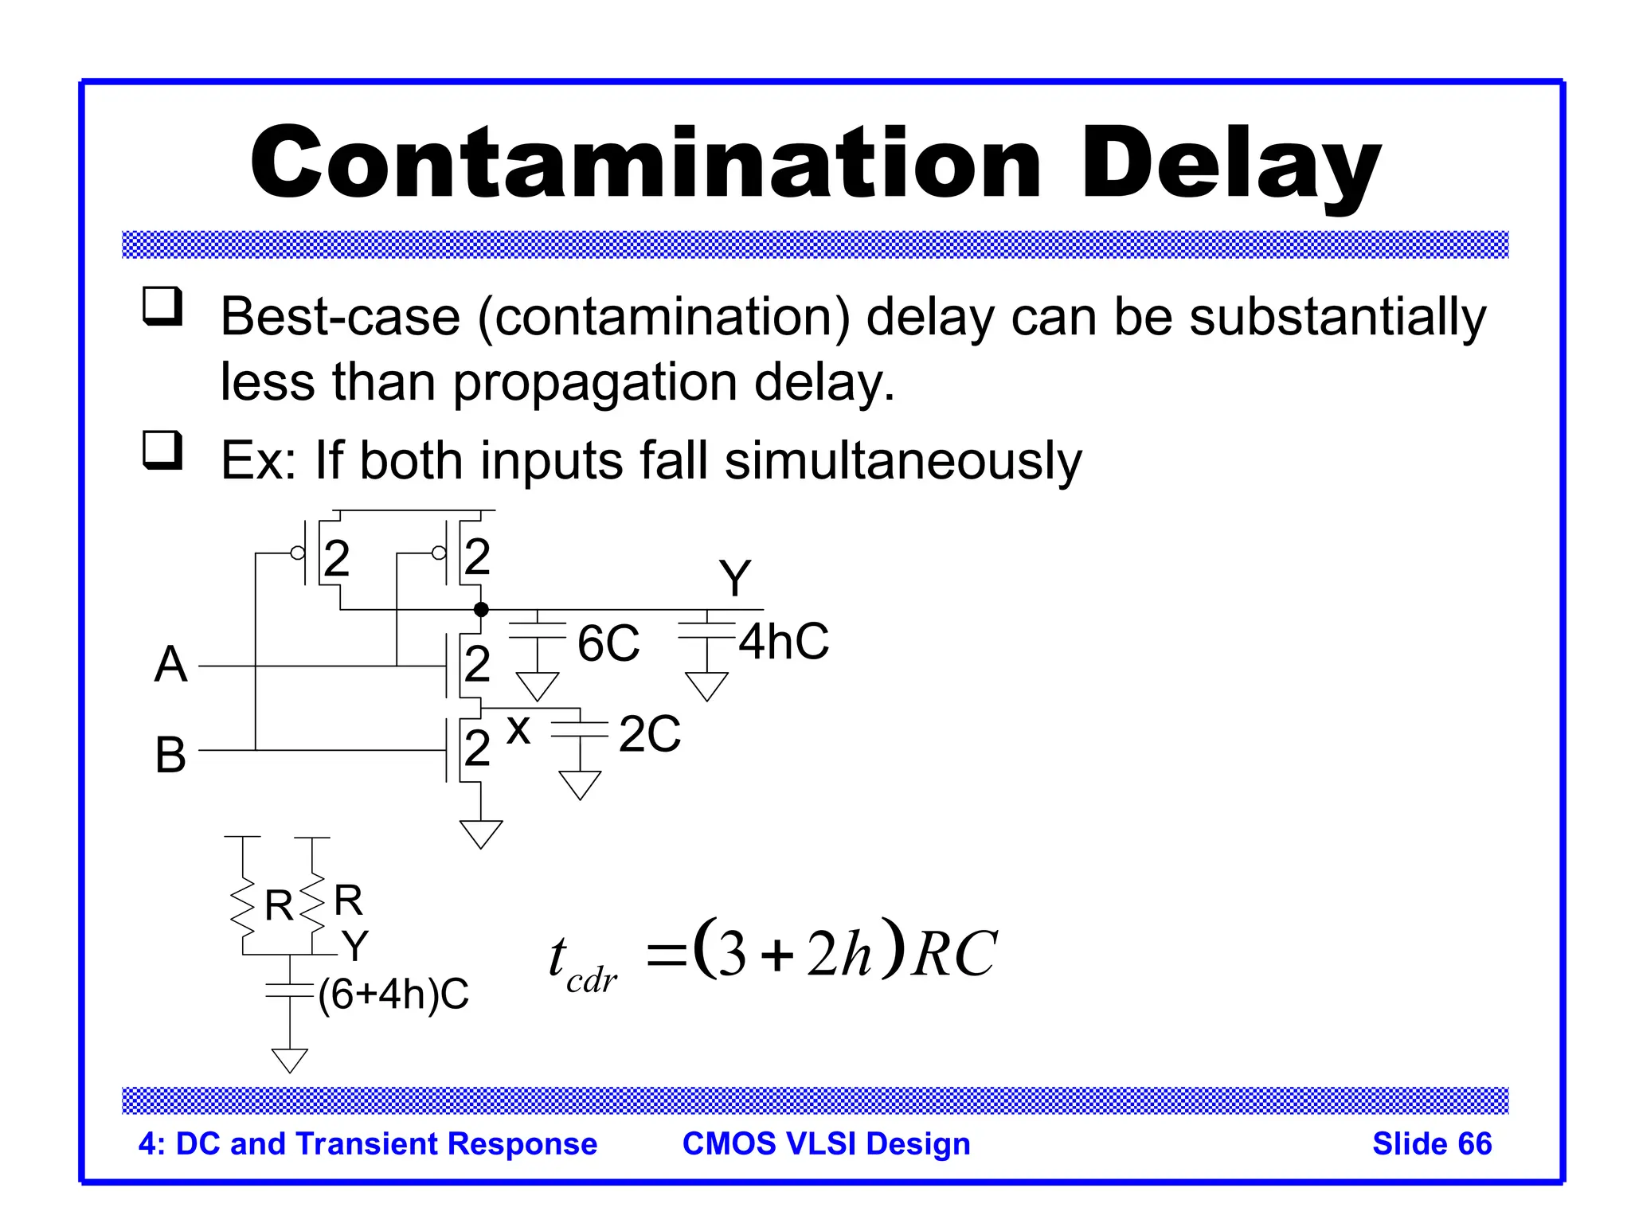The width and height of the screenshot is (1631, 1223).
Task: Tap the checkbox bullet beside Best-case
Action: point(162,307)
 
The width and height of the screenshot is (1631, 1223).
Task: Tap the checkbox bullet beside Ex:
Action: point(162,451)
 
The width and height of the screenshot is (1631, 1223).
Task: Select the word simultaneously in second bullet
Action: point(903,462)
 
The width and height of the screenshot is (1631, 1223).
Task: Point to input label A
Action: point(170,665)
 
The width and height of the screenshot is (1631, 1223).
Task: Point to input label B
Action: point(170,755)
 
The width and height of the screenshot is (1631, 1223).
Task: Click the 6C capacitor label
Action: point(608,643)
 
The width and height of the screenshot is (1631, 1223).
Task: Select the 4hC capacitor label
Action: point(784,641)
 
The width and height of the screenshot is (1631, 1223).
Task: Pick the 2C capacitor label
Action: point(650,734)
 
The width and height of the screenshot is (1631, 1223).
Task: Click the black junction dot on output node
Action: point(481,610)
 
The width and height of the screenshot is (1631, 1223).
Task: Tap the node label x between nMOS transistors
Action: point(518,729)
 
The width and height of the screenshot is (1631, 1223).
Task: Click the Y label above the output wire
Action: point(734,578)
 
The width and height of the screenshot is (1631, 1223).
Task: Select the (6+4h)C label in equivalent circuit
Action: point(393,994)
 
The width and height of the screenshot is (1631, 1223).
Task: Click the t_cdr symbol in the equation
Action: point(580,963)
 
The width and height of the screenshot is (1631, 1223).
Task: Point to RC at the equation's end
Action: point(954,954)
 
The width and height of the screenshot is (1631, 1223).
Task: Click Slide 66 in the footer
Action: point(1431,1144)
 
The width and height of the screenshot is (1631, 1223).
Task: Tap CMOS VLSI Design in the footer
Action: point(826,1144)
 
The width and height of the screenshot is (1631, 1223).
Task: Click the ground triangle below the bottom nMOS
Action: point(481,833)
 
